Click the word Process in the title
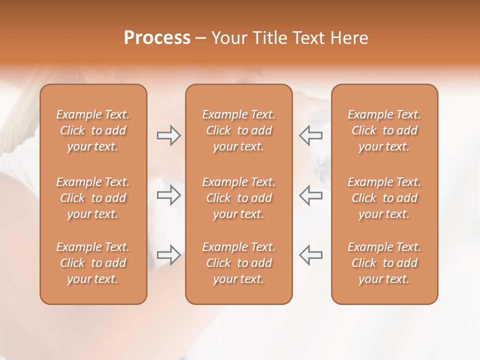157,38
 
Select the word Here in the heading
349,38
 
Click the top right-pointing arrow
168,135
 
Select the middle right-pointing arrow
168,195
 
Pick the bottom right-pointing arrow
168,254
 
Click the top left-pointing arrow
311,135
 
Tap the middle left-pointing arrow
311,195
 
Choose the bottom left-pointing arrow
311,254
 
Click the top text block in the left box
93,130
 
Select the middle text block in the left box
93,198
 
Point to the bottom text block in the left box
93,263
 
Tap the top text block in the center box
239,130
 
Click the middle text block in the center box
239,198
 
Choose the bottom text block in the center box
239,263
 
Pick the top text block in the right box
384,130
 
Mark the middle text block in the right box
384,198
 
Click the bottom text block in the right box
384,263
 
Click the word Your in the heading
227,38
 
